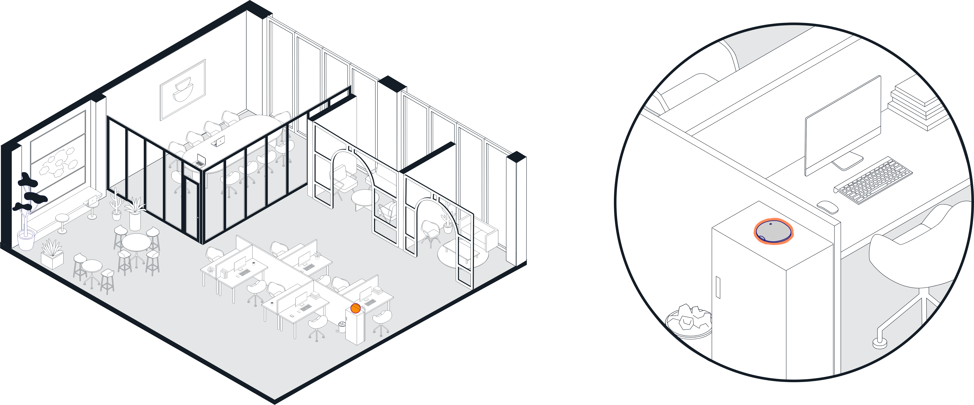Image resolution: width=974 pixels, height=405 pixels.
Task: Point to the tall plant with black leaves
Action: [28, 200]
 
